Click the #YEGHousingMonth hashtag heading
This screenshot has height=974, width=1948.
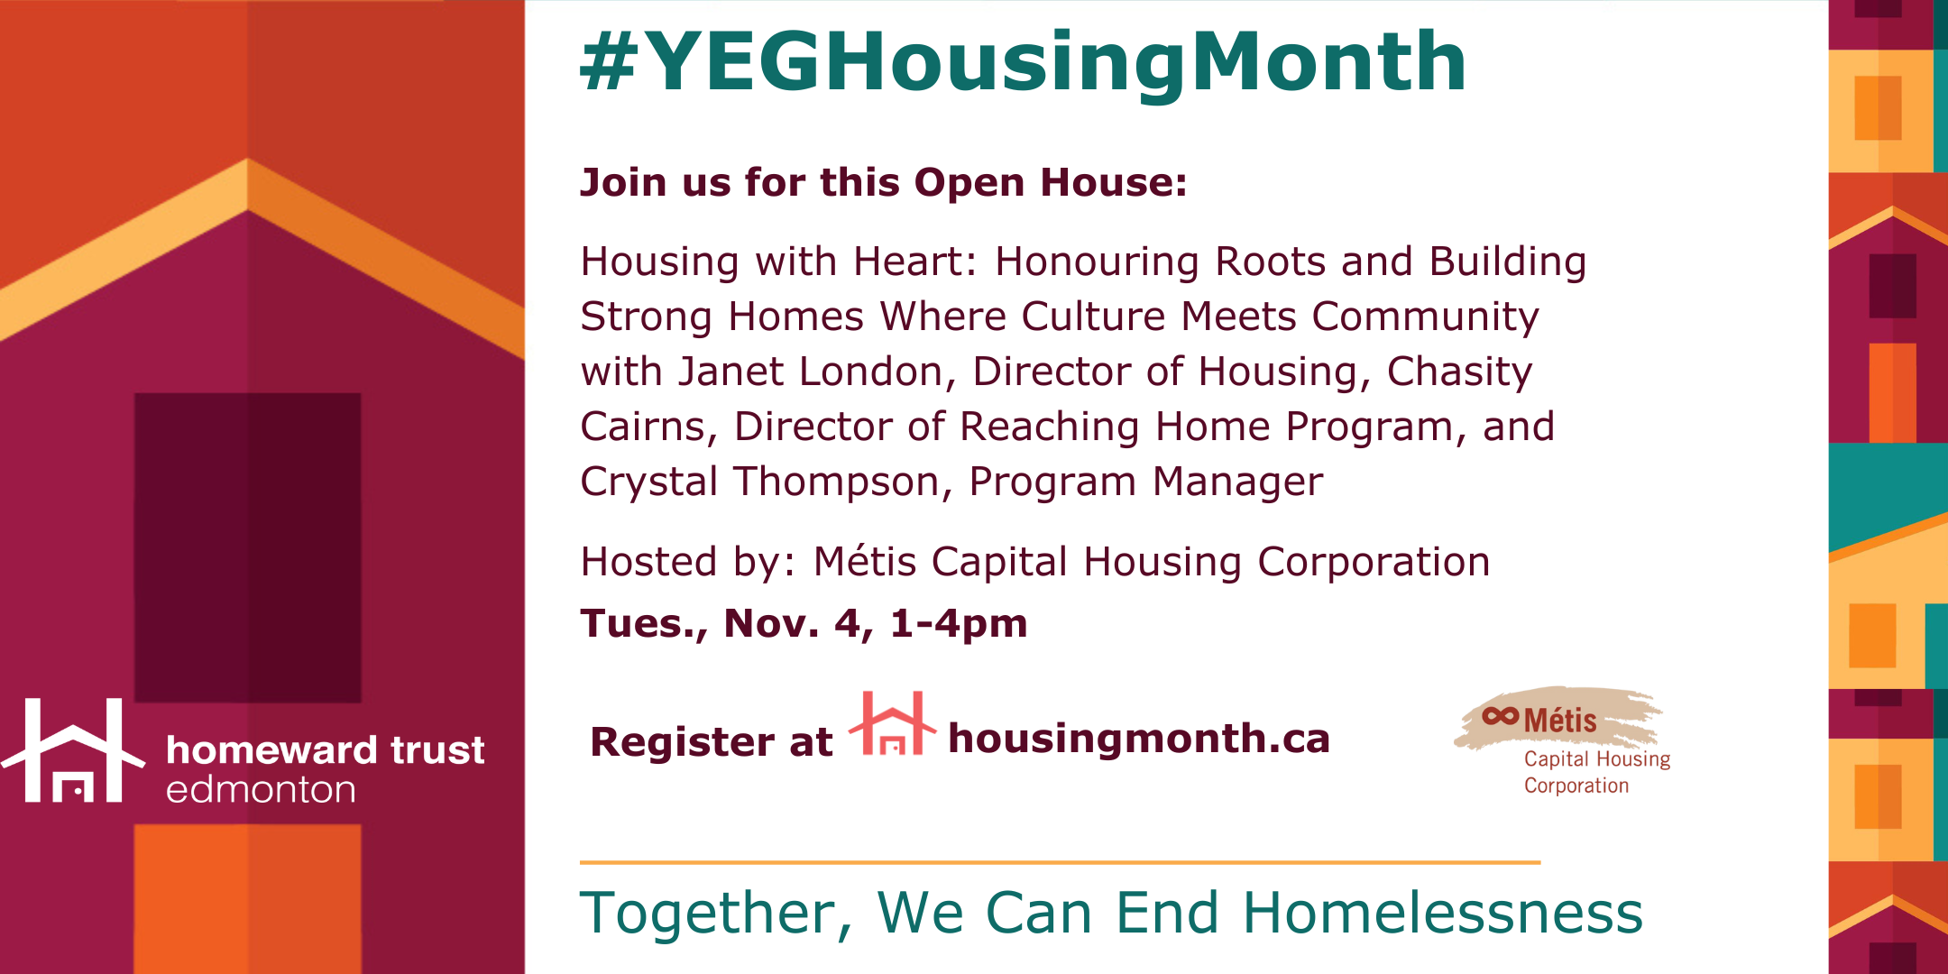click(x=1023, y=63)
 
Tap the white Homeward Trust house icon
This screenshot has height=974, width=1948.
click(x=73, y=750)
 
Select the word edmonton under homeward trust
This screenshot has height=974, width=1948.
click(x=261, y=789)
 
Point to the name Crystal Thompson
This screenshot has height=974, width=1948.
click(x=760, y=482)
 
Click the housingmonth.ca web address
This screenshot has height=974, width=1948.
click(x=1139, y=739)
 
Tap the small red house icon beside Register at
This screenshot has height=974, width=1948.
click(x=892, y=722)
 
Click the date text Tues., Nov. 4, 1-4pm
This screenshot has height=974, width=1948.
click(x=804, y=624)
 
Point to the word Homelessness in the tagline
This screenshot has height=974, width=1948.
click(x=1443, y=913)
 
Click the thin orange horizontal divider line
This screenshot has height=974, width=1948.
click(x=1060, y=862)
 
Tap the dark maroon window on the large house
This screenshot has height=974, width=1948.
click(x=248, y=547)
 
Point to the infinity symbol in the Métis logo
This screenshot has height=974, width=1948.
click(x=1501, y=716)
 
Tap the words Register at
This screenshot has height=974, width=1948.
click(x=711, y=742)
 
